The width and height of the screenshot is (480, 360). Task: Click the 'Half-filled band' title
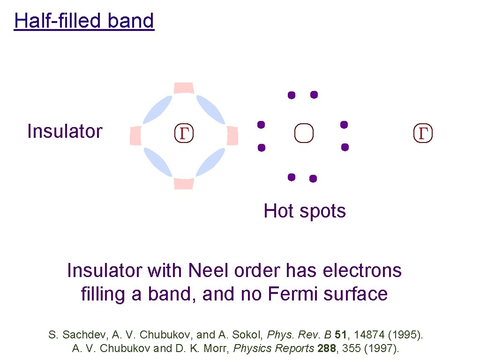[x=84, y=21]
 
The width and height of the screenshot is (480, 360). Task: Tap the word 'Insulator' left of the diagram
[x=65, y=131]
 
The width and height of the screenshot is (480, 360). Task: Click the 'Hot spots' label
[x=305, y=211]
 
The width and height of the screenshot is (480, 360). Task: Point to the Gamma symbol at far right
[x=423, y=134]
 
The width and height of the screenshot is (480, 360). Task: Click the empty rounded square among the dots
[x=304, y=133]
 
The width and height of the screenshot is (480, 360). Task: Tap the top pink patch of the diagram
[x=184, y=88]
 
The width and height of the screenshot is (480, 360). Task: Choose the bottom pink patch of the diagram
[x=184, y=183]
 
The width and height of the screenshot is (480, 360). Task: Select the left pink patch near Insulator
[x=135, y=135]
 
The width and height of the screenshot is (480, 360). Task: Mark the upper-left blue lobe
[x=157, y=110]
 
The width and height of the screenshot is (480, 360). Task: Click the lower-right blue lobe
[x=210, y=162]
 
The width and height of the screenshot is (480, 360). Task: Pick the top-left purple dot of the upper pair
[x=292, y=95]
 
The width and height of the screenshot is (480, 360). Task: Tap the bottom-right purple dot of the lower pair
[x=313, y=179]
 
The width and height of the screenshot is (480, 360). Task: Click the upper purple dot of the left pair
[x=261, y=125]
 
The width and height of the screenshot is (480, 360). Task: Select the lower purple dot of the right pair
[x=345, y=147]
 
